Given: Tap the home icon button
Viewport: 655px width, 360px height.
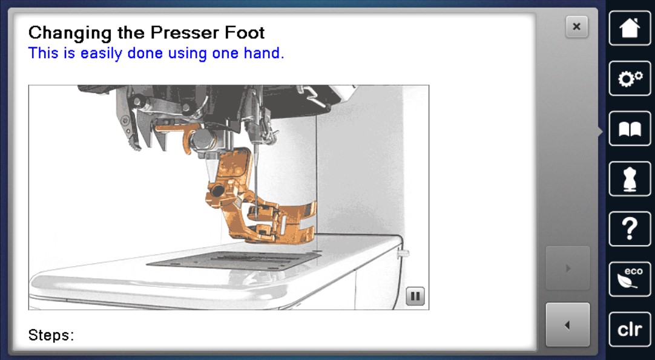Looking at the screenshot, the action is pyautogui.click(x=630, y=28).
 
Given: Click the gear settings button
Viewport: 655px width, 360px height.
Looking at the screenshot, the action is pyautogui.click(x=630, y=78).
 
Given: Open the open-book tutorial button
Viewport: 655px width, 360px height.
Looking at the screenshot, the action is pyautogui.click(x=630, y=129).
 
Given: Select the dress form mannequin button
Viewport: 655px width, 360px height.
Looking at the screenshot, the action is pyautogui.click(x=630, y=178).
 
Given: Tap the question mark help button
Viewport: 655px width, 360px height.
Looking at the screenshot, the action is pyautogui.click(x=630, y=229).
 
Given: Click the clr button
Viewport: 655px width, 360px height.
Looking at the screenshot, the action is pyautogui.click(x=630, y=329).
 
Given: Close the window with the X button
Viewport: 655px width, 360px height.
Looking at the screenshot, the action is pyautogui.click(x=576, y=27).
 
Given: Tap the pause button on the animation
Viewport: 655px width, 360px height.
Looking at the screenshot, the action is pyautogui.click(x=415, y=296).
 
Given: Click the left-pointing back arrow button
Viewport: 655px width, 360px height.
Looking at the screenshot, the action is pyautogui.click(x=568, y=324).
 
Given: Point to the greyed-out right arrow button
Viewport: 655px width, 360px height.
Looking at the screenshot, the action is pyautogui.click(x=568, y=267).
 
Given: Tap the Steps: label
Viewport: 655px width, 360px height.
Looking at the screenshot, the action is pyautogui.click(x=51, y=335).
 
